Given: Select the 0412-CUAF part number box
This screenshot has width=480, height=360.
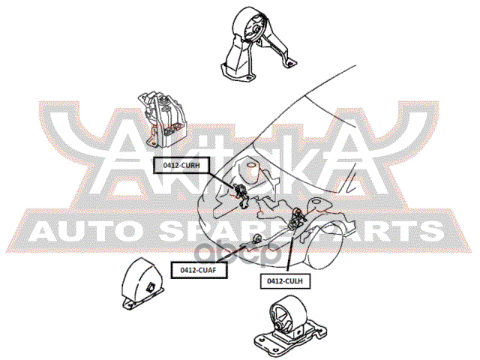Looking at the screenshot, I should (x=198, y=268).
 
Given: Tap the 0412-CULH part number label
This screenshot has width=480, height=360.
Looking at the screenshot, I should (x=285, y=280).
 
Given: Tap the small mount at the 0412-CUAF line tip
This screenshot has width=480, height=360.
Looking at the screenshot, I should (x=256, y=239).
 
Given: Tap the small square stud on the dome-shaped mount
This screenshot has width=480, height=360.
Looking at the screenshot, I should (x=152, y=286).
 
